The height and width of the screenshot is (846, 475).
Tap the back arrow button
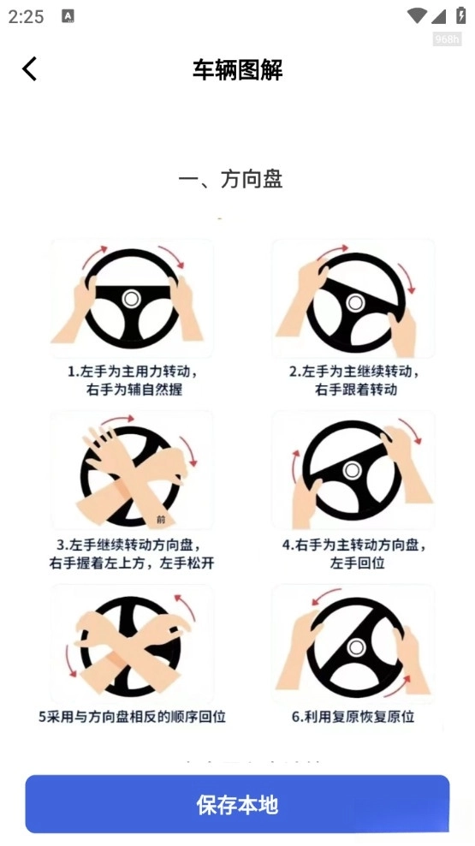coord(30,69)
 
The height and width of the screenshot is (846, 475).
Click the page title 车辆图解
coord(237,69)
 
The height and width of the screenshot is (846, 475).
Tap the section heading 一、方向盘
coord(230,179)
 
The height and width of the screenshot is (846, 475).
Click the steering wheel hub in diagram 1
coord(131,298)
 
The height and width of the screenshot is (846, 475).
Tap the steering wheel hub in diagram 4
coord(351,470)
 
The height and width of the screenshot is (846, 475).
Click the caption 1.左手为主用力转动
coord(133,372)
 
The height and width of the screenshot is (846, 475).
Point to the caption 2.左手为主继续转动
coord(353,372)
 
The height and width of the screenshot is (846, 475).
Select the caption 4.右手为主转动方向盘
coord(353,545)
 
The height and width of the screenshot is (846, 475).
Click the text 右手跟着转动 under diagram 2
coord(354,390)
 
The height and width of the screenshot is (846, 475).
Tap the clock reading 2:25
coord(26,16)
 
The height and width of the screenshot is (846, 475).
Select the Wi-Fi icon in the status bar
coord(417,15)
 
